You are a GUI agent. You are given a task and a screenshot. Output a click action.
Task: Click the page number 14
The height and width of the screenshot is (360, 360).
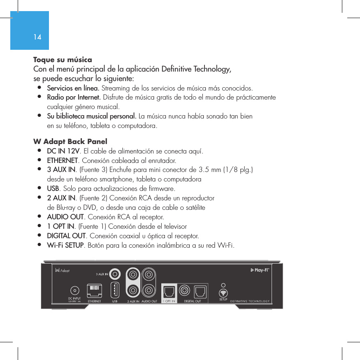[x=37, y=37]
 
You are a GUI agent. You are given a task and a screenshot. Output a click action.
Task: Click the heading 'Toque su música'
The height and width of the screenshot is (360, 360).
[x=63, y=60]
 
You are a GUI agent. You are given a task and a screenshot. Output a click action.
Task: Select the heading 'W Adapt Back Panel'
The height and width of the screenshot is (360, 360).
[x=70, y=142]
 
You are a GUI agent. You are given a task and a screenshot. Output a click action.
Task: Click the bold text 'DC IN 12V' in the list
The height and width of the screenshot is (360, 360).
[x=63, y=151]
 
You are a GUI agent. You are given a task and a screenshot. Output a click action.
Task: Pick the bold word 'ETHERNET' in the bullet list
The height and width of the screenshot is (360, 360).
[x=63, y=160]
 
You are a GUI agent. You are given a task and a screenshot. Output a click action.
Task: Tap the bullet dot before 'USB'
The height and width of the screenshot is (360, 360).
[x=39, y=188]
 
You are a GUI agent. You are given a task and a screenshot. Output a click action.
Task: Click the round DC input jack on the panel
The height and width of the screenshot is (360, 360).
[x=74, y=290]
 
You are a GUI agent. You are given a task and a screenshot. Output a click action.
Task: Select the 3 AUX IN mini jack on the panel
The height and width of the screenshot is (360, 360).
[x=116, y=274]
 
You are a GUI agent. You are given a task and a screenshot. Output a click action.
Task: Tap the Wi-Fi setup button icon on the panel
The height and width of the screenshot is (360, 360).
[x=223, y=293]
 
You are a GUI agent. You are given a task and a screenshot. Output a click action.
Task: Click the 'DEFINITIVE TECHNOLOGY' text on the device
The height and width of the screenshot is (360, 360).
[x=250, y=301]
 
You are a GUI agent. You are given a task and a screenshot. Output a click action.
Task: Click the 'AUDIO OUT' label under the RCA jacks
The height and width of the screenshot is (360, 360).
[x=149, y=301]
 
